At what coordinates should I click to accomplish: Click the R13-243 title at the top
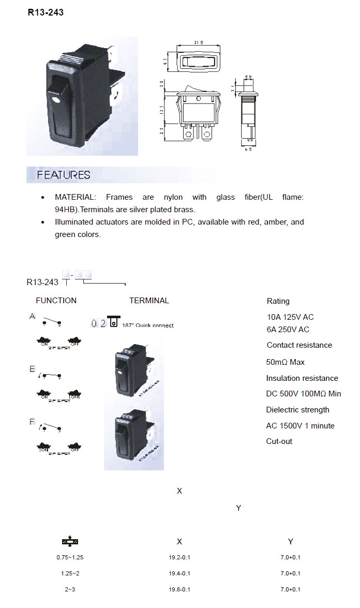[x=46, y=12]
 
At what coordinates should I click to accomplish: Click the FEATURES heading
[x=63, y=175]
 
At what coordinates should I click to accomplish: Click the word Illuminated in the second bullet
[x=74, y=222]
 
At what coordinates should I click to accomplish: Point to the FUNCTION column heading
[x=56, y=301]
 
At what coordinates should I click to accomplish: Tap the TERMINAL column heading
[x=149, y=301]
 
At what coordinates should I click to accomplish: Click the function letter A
[x=32, y=316]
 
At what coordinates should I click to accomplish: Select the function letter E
[x=32, y=369]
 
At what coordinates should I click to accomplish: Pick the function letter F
[x=32, y=422]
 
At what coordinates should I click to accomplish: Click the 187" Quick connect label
[x=148, y=325]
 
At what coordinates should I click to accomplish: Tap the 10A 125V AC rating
[x=290, y=317]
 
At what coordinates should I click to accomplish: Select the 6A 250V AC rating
[x=288, y=330]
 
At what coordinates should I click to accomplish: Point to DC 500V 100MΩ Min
[x=304, y=394]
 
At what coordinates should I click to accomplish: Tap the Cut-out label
[x=279, y=441]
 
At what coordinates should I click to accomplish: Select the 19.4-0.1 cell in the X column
[x=179, y=573]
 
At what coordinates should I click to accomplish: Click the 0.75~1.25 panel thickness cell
[x=70, y=557]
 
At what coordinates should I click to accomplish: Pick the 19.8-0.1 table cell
[x=179, y=589]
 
